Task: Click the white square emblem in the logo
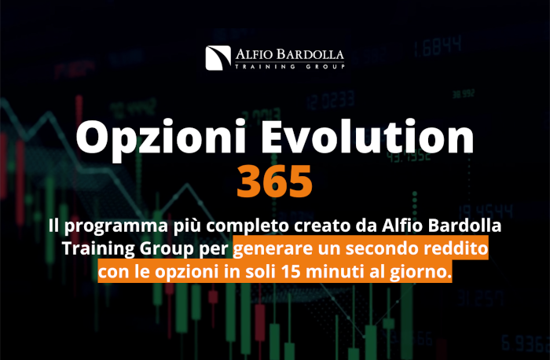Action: pyautogui.click(x=218, y=58)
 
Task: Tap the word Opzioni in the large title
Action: pyautogui.click(x=160, y=138)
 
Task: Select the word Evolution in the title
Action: pyautogui.click(x=367, y=136)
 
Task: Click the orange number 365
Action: pyautogui.click(x=275, y=182)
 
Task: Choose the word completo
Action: pyautogui.click(x=247, y=226)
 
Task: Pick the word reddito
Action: pyautogui.click(x=456, y=248)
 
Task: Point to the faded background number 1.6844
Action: pyautogui.click(x=437, y=46)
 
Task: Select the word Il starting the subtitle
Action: pyautogui.click(x=53, y=226)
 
